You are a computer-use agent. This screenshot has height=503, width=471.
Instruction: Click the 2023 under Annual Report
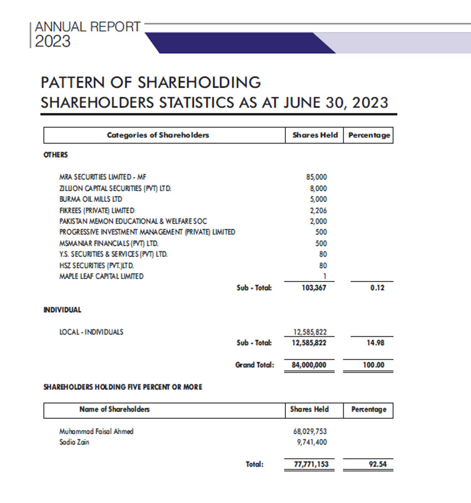[53, 42]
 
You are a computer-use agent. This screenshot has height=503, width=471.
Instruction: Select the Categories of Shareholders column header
[158, 135]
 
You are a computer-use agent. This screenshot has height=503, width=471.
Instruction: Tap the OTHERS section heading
[55, 155]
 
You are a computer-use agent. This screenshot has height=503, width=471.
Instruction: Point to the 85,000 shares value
[316, 177]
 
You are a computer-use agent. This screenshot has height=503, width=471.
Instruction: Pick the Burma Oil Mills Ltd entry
[91, 199]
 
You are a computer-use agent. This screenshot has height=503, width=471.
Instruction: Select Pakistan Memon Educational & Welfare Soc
[133, 221]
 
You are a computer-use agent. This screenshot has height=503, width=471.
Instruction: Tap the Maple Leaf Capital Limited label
[101, 276]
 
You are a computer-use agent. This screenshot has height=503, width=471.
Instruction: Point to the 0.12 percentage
[377, 288]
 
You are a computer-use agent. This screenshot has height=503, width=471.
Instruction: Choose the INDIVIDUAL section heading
[62, 310]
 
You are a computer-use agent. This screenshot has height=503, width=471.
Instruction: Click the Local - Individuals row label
[91, 332]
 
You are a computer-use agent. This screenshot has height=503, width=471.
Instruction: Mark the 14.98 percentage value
[376, 343]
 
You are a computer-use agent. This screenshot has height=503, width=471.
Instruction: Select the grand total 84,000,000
[309, 366]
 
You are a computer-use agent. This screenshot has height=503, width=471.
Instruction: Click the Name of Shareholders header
[115, 409]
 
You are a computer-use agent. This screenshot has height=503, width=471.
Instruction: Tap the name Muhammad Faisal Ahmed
[96, 432]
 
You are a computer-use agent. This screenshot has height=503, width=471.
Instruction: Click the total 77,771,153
[309, 464]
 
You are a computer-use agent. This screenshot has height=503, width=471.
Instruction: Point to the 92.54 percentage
[377, 464]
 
